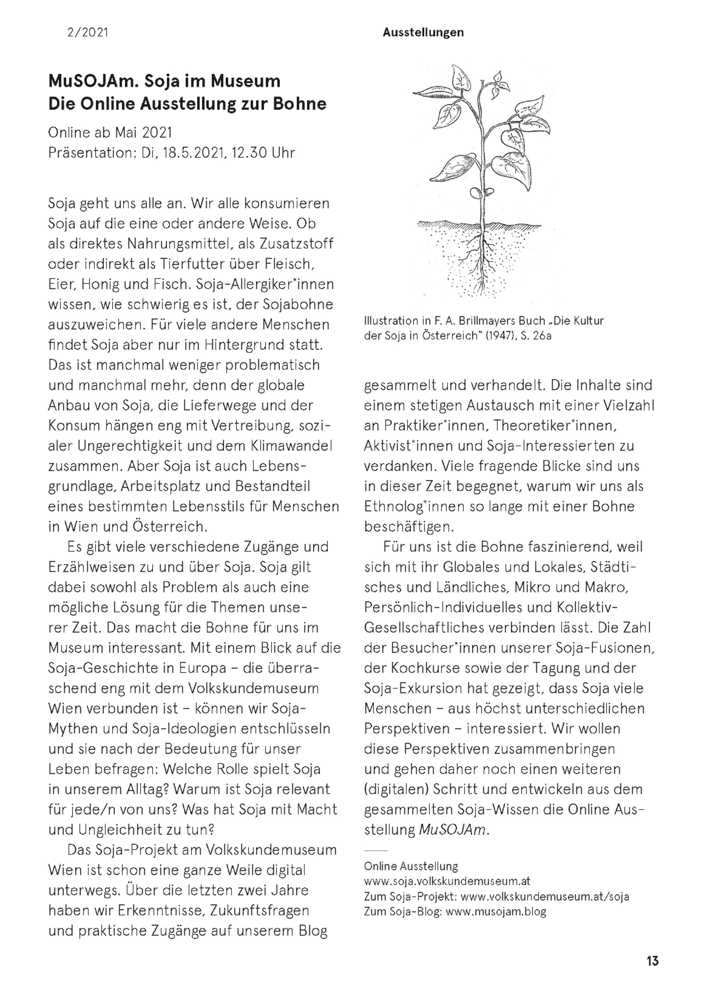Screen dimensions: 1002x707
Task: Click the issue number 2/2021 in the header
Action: coord(88,32)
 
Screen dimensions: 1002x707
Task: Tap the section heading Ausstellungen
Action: coord(423,32)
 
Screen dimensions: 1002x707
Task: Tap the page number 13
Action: coord(653,961)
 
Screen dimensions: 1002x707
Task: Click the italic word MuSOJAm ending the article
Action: coord(451,830)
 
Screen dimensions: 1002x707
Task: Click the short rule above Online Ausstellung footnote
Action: coord(375,850)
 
